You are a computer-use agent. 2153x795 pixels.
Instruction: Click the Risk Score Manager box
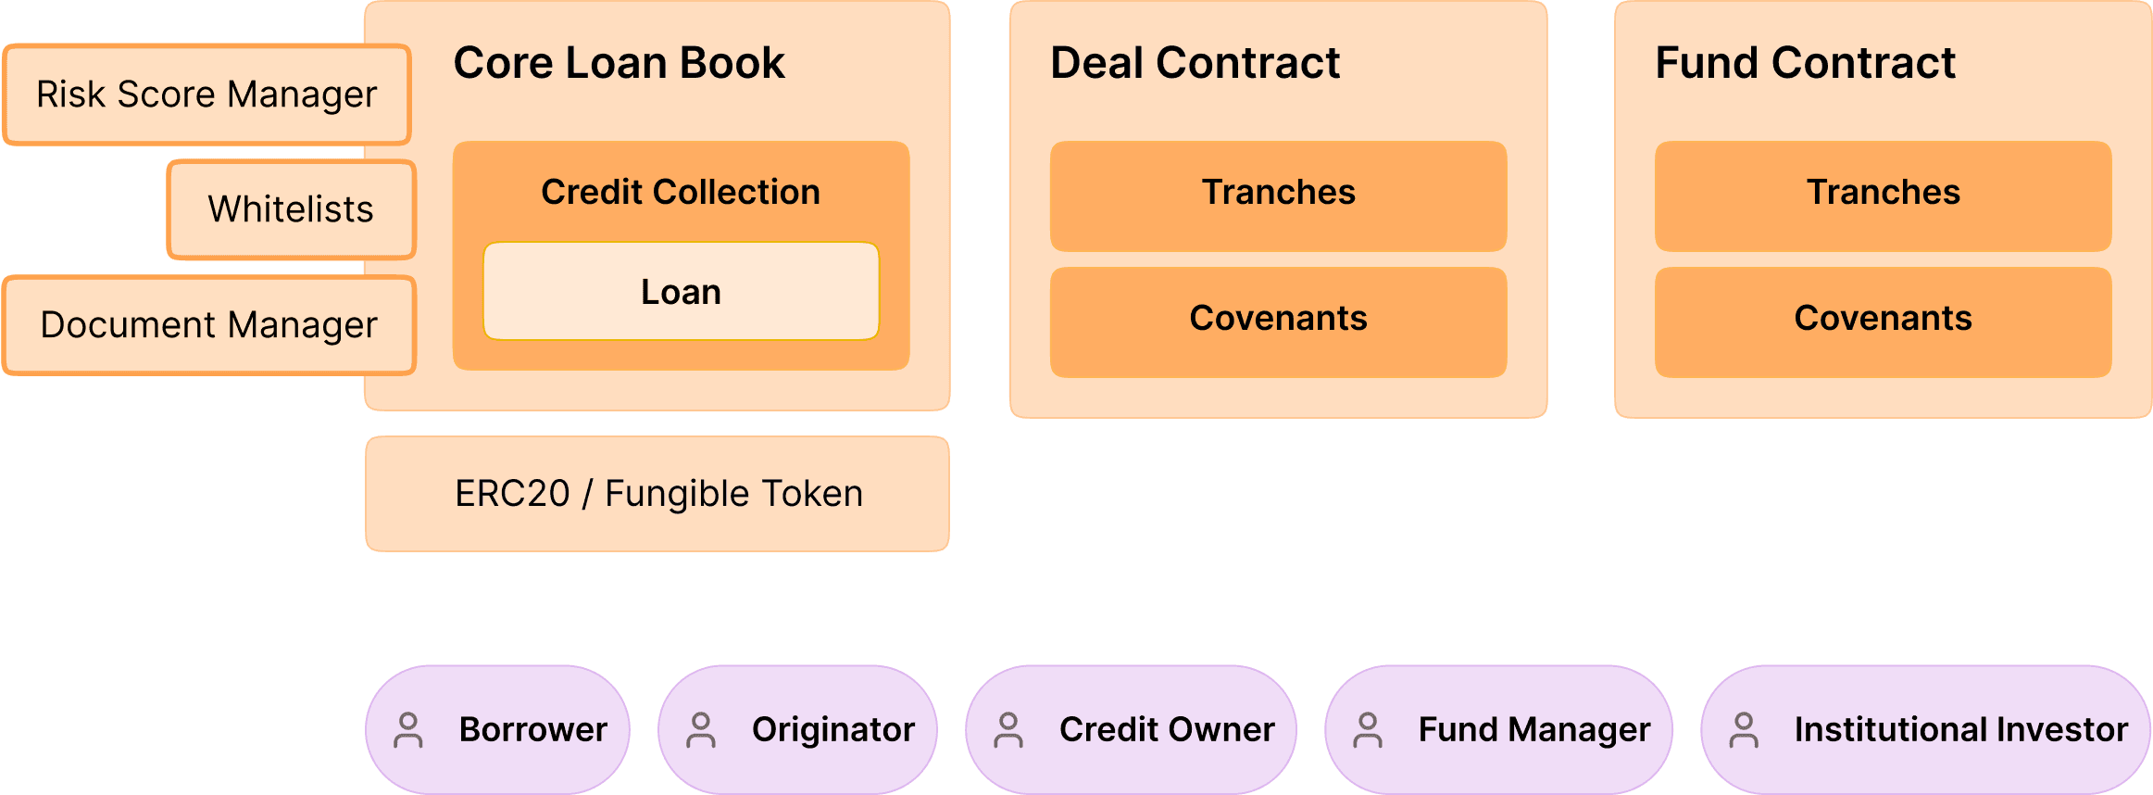click(207, 95)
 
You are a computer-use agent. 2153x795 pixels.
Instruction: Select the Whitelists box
click(291, 209)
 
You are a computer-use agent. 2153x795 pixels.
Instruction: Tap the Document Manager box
click(208, 325)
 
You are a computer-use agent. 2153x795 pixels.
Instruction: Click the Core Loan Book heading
click(619, 63)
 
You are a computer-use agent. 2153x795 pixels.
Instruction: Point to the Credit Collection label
click(681, 192)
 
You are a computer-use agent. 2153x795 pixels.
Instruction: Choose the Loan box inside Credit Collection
click(681, 292)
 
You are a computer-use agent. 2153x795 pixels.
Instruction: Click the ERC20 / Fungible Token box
click(657, 494)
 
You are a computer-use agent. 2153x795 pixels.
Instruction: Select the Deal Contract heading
click(1195, 63)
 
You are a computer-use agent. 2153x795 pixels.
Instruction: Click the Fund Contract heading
click(1805, 63)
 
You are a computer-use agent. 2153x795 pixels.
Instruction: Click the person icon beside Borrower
click(408, 730)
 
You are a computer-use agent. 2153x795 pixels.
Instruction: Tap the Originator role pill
click(798, 730)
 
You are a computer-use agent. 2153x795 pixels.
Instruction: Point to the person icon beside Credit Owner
click(1008, 730)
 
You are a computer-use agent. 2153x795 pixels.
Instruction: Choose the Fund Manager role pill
click(1498, 730)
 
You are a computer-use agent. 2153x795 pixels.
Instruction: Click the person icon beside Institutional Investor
click(1744, 730)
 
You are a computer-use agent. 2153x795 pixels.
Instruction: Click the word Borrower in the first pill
click(533, 730)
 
